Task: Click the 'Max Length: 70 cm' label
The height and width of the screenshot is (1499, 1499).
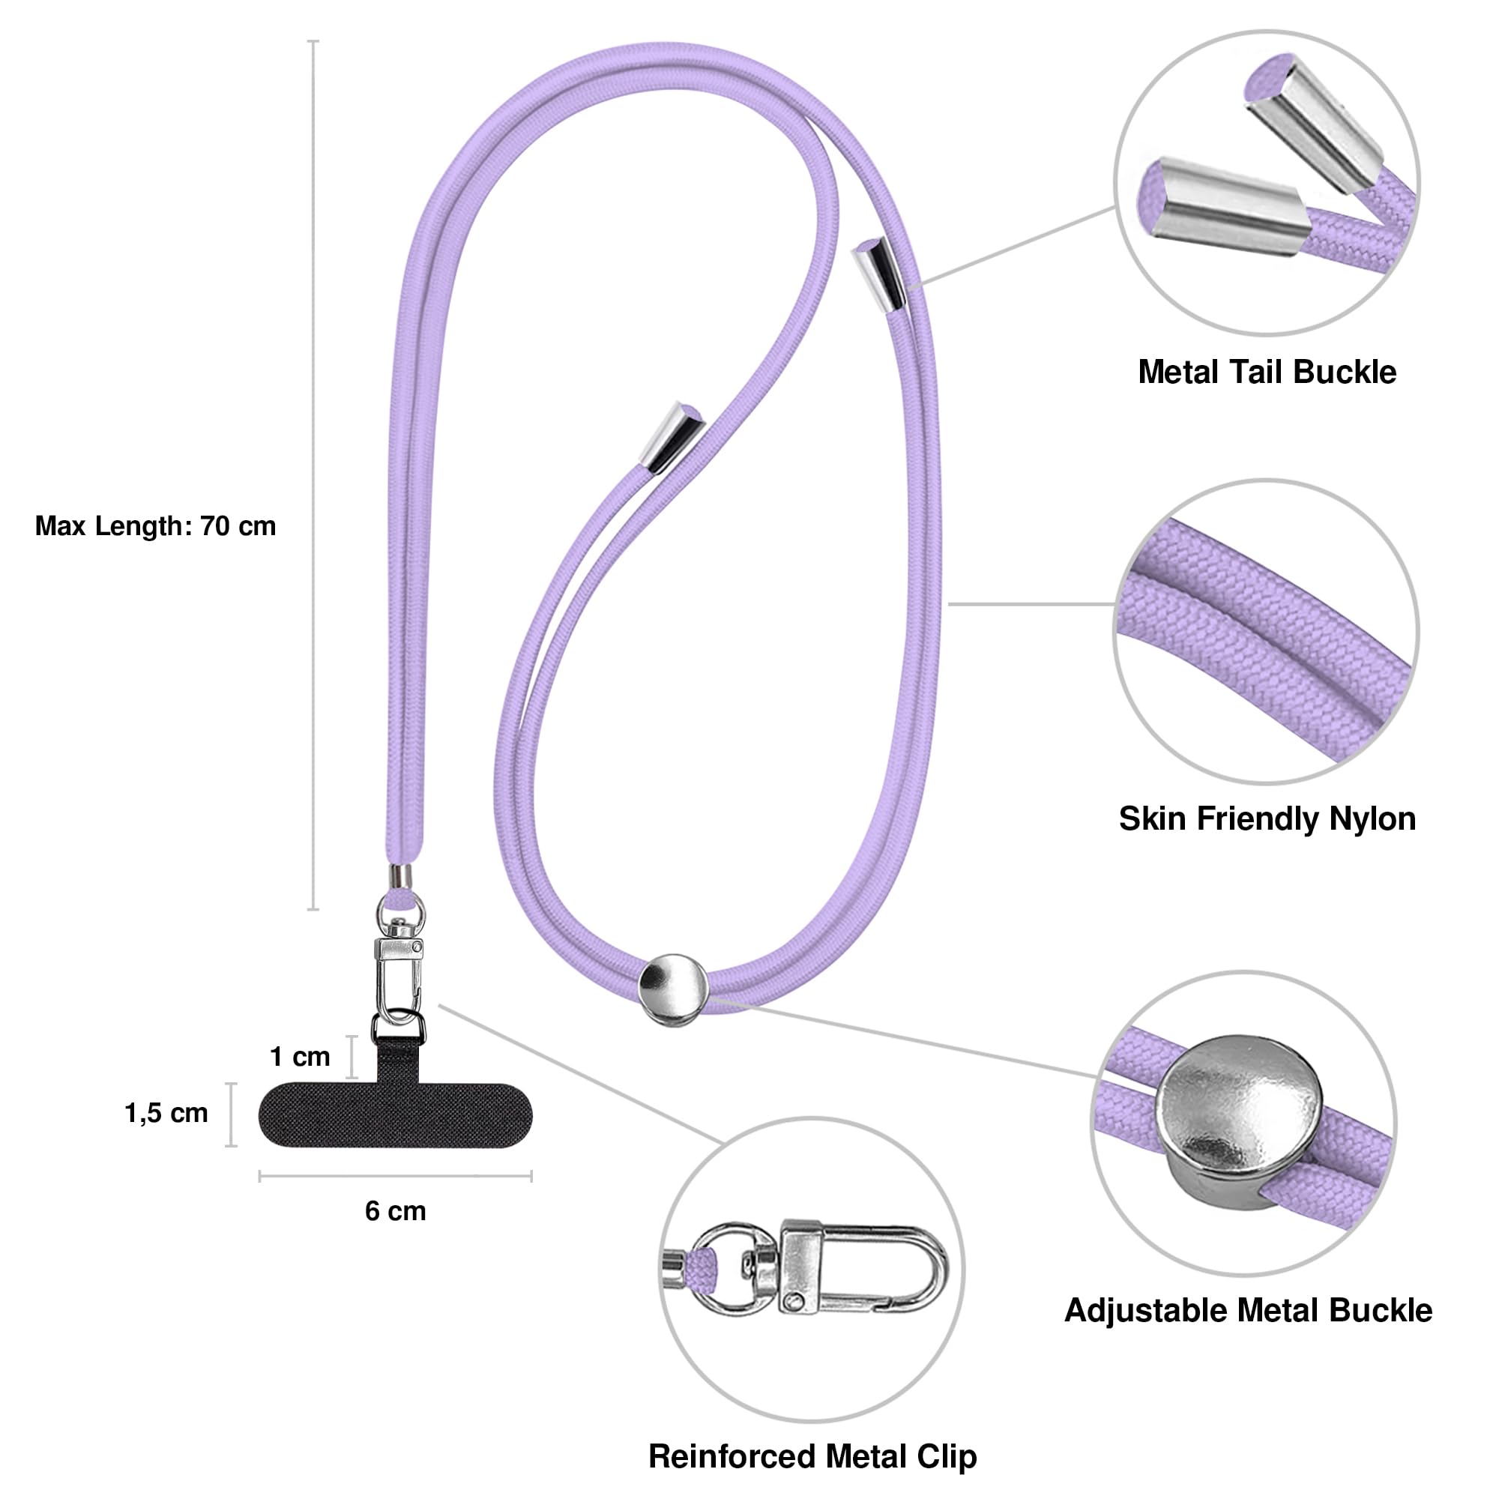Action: [x=155, y=526]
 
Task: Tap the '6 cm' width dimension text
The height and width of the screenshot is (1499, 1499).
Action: [x=396, y=1211]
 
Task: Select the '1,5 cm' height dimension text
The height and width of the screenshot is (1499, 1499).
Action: [x=166, y=1114]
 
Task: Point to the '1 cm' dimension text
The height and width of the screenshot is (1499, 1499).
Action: [x=300, y=1057]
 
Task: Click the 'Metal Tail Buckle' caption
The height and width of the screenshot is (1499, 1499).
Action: [x=1267, y=373]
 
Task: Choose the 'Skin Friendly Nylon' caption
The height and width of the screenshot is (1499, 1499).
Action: [x=1267, y=819]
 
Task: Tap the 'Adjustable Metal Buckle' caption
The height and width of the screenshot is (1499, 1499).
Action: [x=1249, y=1310]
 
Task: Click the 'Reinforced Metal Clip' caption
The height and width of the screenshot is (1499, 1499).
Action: [x=812, y=1456]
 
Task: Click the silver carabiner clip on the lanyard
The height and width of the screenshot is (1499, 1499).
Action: [x=398, y=976]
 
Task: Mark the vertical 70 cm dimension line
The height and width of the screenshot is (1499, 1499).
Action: [x=313, y=475]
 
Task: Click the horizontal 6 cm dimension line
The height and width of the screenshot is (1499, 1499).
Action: [x=396, y=1176]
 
